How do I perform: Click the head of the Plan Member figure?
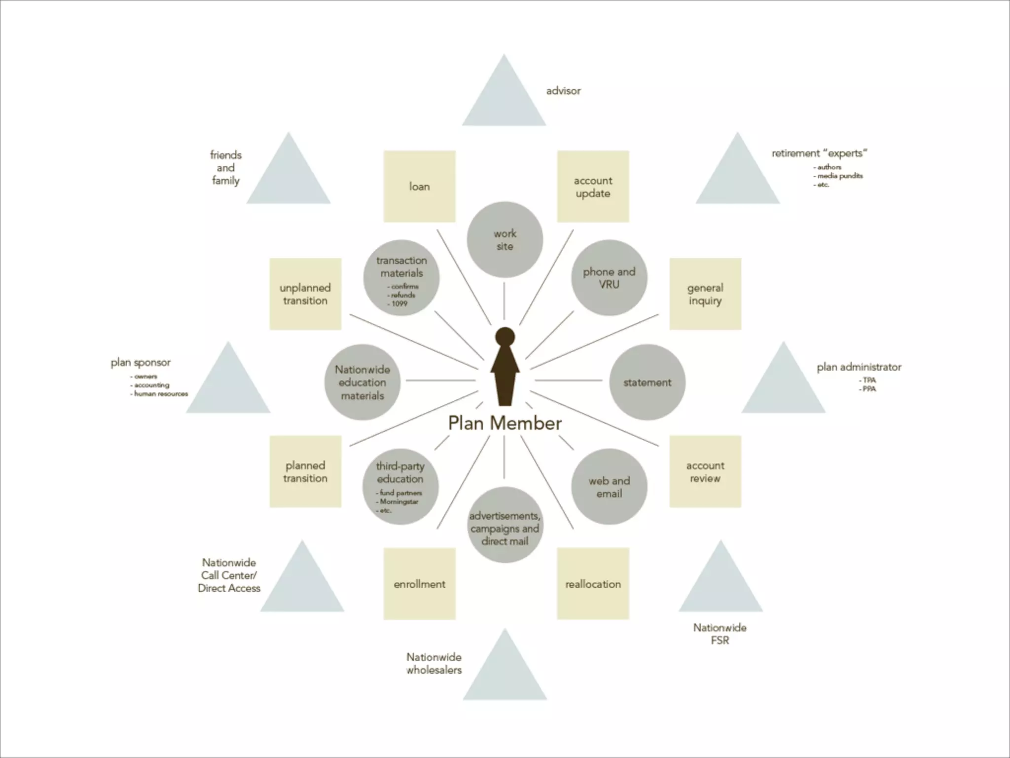[505, 337]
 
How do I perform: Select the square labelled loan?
[419, 187]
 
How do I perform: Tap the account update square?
[593, 187]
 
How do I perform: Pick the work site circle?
[505, 239]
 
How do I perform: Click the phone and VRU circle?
[609, 278]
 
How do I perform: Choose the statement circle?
[647, 382]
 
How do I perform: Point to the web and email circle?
[609, 487]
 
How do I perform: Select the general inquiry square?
[705, 294]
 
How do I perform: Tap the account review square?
[705, 471]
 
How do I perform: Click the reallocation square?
[593, 583]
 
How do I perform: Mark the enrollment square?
[419, 583]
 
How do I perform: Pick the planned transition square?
[305, 471]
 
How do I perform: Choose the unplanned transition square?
[305, 294]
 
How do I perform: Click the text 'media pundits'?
[840, 176]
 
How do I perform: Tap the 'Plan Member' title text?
[505, 423]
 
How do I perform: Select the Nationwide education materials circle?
[362, 382]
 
